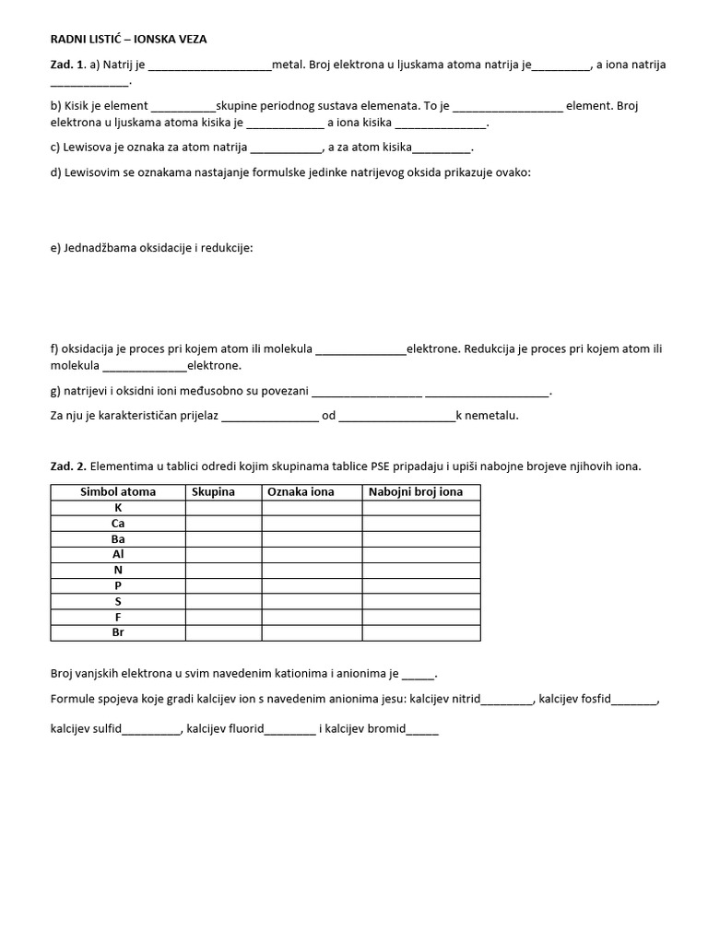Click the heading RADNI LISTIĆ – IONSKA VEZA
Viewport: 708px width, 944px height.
point(135,40)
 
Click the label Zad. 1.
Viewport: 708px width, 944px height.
point(68,65)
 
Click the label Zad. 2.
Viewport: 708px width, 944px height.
point(68,466)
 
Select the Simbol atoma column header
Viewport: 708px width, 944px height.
point(118,492)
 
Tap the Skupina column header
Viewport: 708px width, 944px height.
point(214,492)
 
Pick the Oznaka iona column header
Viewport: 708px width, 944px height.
point(301,492)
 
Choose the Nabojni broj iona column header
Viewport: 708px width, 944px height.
point(416,492)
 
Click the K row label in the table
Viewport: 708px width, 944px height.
point(118,508)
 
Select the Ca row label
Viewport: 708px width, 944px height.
point(118,524)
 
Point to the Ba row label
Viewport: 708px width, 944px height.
point(118,539)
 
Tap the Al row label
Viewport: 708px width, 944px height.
point(118,555)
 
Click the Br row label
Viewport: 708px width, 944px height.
point(118,632)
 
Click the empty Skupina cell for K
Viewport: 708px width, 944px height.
point(223,508)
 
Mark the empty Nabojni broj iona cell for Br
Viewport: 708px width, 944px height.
point(420,632)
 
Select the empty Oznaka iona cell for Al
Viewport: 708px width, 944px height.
point(312,555)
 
